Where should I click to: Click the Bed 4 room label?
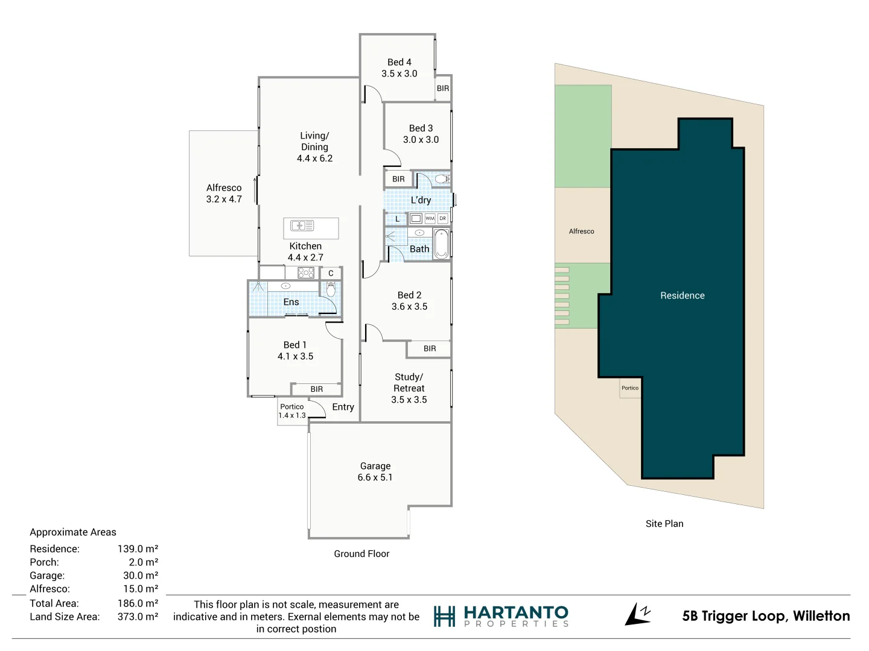(399, 62)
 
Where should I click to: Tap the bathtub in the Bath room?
(441, 244)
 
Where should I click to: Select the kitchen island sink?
(302, 225)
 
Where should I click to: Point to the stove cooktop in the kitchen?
(306, 272)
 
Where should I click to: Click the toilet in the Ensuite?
(331, 289)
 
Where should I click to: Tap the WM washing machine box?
(430, 218)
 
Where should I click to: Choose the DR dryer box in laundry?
(442, 218)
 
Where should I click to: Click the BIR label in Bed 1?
(317, 389)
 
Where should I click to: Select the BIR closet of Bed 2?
(429, 348)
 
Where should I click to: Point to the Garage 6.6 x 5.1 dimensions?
(375, 477)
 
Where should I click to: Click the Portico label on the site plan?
(630, 388)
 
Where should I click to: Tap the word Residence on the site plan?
(683, 295)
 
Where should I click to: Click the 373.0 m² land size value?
(138, 617)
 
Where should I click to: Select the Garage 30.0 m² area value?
(141, 575)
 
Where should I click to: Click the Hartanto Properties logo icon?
(444, 616)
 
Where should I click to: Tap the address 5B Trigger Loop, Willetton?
(766, 616)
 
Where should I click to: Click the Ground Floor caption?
(361, 554)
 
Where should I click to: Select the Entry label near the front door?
(343, 407)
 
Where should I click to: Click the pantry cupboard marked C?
(331, 273)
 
